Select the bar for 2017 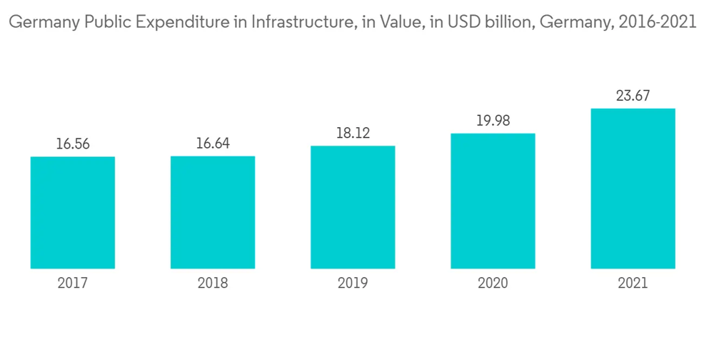(x=73, y=212)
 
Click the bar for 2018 (x=213, y=212)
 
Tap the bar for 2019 (x=353, y=207)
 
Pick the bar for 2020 (x=493, y=201)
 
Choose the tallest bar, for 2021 (x=633, y=189)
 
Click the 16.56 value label (x=73, y=144)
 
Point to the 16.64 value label (x=213, y=144)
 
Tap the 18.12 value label (x=353, y=134)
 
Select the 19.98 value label (x=493, y=121)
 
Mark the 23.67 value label (x=633, y=96)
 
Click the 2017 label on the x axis (x=73, y=283)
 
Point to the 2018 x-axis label (x=213, y=283)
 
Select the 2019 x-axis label (x=353, y=283)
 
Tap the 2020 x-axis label (x=493, y=283)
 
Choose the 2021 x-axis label (x=633, y=283)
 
